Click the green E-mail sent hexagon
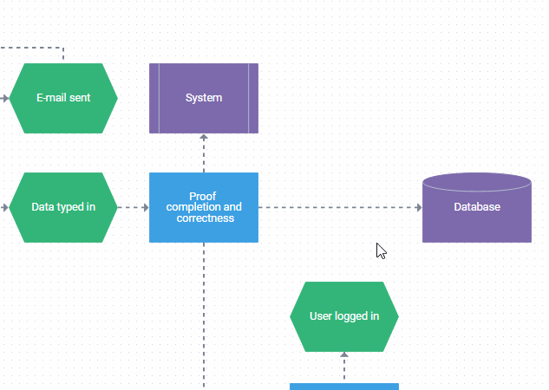coord(63,98)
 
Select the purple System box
coord(204,98)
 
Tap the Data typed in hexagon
coord(63,207)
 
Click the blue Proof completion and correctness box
coord(204,207)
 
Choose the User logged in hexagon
coord(344,316)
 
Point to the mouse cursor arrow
coord(380,250)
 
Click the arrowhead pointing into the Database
coord(418,208)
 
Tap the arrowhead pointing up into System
coord(204,138)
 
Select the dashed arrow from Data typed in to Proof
coord(132,208)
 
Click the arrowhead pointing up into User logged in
coord(344,355)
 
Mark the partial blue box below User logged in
coord(344,387)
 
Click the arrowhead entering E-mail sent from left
coord(5,98)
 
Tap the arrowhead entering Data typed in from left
coord(5,208)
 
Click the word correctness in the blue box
coord(205,218)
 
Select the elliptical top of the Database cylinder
coord(476,182)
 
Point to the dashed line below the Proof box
coord(204,312)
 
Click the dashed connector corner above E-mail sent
coord(63,49)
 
